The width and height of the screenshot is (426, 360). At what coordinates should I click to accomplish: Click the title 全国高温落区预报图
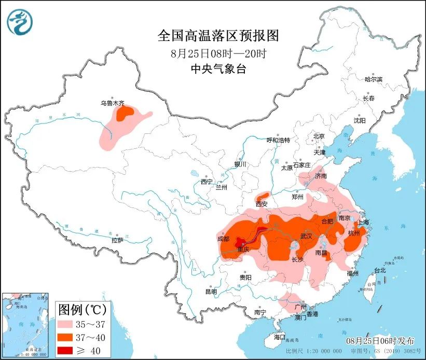click(x=218, y=35)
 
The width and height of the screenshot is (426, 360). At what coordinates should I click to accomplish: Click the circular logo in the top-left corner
click(x=20, y=21)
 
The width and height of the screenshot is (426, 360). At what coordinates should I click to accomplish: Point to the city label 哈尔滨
click(x=373, y=79)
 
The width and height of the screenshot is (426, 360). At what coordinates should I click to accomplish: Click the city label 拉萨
click(x=118, y=240)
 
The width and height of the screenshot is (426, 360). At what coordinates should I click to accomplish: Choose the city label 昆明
click(x=211, y=292)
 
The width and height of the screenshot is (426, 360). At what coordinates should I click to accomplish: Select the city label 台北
click(x=380, y=270)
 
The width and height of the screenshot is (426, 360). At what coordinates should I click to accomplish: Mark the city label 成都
click(x=223, y=239)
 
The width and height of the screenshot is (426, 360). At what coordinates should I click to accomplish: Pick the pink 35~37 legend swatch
click(x=68, y=325)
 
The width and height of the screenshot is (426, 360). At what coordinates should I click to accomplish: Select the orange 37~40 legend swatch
click(x=68, y=338)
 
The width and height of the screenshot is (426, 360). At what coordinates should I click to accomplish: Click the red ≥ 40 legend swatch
click(x=68, y=351)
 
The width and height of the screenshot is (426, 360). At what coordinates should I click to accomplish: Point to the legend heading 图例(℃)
click(x=83, y=310)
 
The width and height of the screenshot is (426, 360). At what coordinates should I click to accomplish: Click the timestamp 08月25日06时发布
click(x=381, y=340)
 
